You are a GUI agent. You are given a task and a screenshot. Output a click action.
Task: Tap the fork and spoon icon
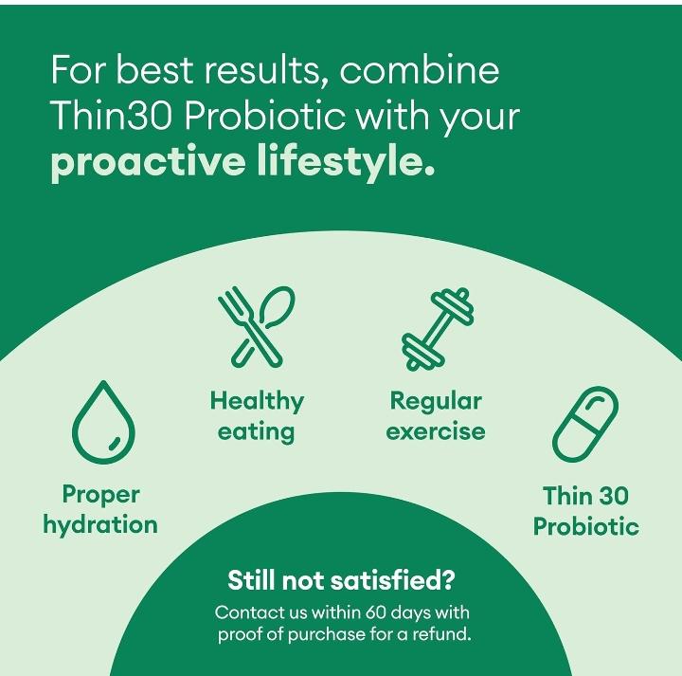click(257, 326)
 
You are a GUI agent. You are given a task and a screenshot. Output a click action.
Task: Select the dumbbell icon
click(438, 330)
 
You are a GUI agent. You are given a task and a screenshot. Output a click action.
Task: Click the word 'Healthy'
click(257, 401)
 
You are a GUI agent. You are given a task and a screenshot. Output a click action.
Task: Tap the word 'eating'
click(256, 432)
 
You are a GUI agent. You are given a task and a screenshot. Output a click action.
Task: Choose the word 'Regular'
click(436, 401)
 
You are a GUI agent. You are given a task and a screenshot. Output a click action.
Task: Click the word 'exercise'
click(436, 431)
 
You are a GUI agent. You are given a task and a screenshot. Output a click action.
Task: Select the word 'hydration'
click(100, 523)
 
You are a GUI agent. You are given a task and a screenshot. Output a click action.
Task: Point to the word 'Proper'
click(101, 495)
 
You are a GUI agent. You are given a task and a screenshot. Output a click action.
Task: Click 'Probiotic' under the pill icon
click(586, 526)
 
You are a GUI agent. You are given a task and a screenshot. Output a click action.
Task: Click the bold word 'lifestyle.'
click(346, 160)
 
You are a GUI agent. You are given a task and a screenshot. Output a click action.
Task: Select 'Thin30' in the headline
click(112, 116)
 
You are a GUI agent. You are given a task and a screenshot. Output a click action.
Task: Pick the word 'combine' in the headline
click(420, 69)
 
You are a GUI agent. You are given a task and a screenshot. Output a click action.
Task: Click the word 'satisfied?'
click(392, 580)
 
